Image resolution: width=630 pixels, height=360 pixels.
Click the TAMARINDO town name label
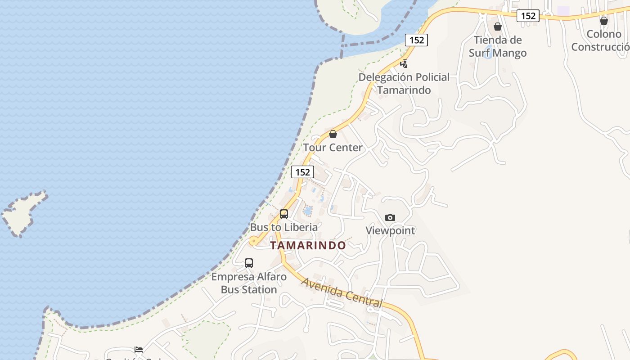coord(308,245)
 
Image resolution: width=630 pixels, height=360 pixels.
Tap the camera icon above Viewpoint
coord(390,218)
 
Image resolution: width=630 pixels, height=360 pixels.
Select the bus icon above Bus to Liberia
coord(284,214)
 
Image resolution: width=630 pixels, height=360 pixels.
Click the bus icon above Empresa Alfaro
coord(249,263)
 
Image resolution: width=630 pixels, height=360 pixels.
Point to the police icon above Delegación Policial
coord(405,63)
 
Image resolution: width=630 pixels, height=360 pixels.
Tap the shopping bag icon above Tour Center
coord(333,134)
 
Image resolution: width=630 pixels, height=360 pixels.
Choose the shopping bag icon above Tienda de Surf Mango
coord(498,27)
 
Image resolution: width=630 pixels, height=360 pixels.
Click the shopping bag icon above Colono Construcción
coord(604,21)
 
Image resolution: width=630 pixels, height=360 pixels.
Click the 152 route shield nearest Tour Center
coord(302,172)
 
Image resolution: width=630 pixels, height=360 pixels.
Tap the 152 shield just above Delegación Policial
coord(417,40)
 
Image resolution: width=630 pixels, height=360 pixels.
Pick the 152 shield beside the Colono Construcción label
coord(528,16)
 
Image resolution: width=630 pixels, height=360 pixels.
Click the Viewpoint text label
coord(390,230)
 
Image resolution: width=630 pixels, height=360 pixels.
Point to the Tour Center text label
coord(333,148)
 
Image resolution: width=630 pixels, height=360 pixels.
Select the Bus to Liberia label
coord(284,227)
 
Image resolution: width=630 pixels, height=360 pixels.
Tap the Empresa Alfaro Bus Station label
coord(249,283)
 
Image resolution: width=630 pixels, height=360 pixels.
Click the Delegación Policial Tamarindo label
coord(404,83)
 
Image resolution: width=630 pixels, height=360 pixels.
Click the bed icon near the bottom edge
coord(139,349)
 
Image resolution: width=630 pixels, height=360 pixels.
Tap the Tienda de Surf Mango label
coord(498,46)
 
